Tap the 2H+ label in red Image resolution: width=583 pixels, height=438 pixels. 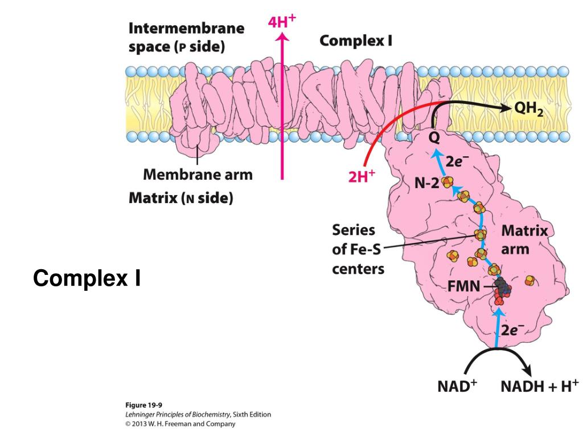[x=362, y=177]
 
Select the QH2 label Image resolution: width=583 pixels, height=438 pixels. [x=529, y=109]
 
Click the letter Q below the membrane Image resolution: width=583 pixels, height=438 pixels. [x=434, y=137]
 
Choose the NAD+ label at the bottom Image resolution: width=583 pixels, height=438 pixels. [x=457, y=386]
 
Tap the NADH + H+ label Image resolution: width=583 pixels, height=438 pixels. [x=539, y=386]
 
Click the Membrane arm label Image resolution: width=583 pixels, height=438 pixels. [x=198, y=174]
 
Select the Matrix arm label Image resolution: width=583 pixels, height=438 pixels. [x=524, y=240]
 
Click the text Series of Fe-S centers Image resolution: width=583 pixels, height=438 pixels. [x=358, y=249]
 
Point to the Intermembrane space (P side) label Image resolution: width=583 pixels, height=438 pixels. [x=186, y=37]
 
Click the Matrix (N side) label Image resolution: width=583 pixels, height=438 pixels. [x=181, y=198]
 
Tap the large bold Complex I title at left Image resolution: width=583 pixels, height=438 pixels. [x=87, y=278]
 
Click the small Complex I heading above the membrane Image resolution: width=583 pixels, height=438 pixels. [x=356, y=41]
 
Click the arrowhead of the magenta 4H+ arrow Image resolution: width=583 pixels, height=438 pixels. [x=282, y=38]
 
